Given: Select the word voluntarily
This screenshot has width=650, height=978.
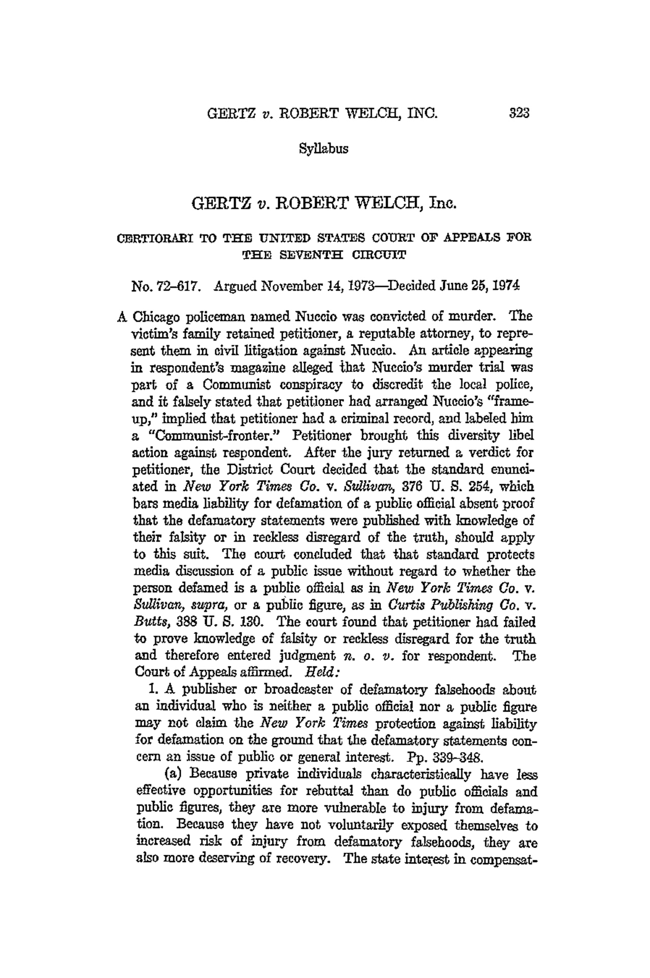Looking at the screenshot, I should coord(380,827).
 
